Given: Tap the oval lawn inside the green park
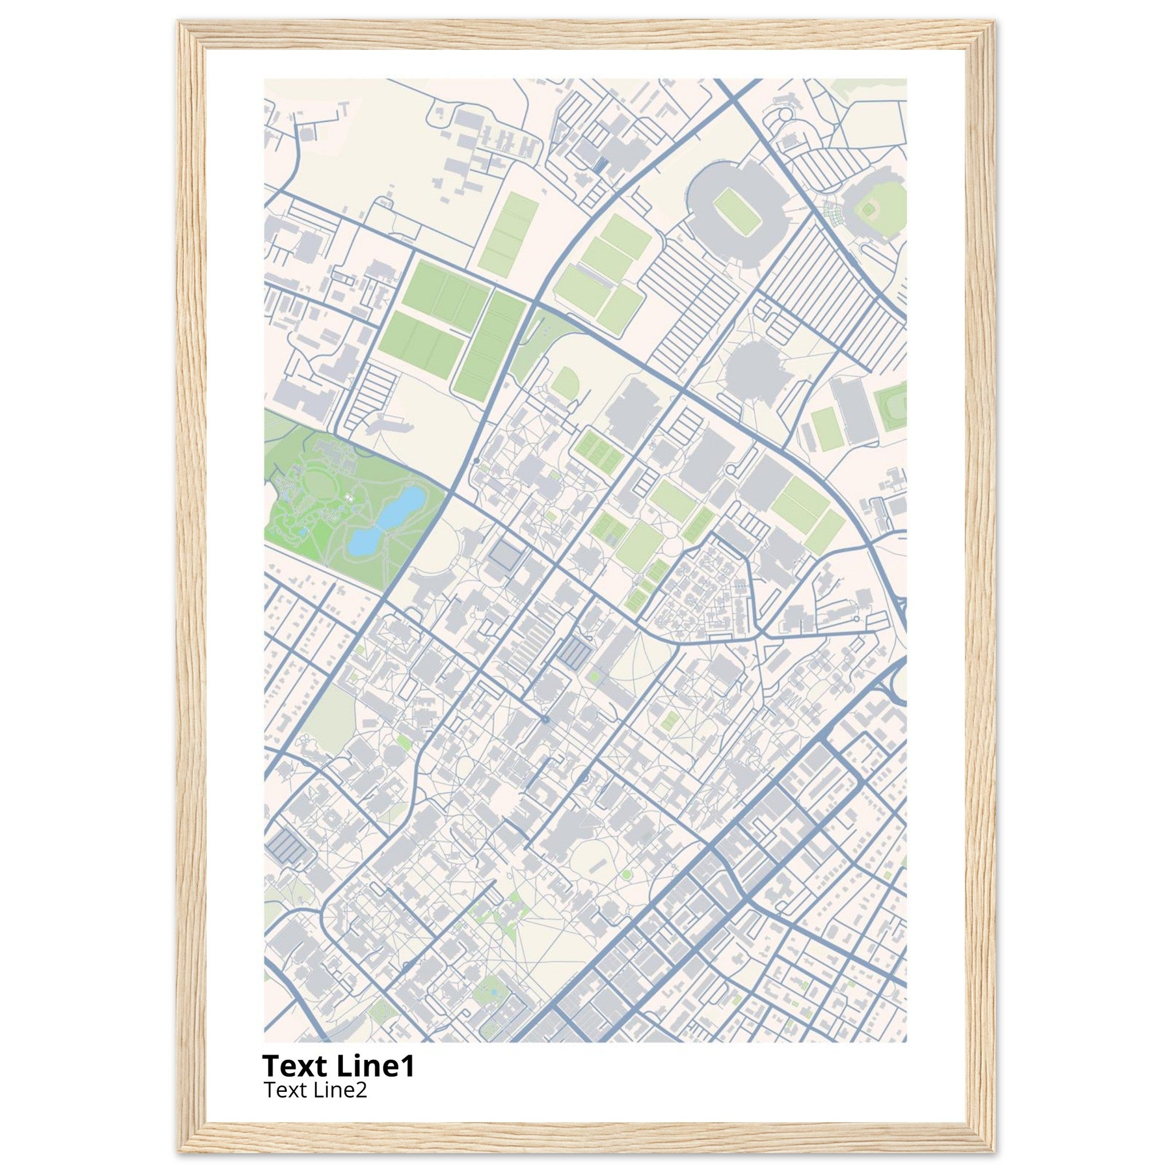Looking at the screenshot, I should click(320, 484).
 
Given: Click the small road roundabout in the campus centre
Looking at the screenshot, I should click(545, 719).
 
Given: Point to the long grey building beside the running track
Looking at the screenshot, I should click(852, 410).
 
